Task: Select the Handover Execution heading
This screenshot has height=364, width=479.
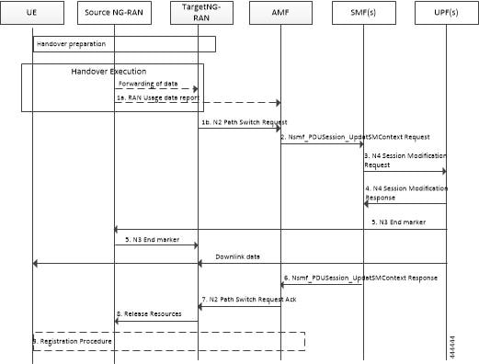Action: click(x=108, y=71)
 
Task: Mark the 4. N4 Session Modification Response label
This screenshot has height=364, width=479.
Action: click(x=397, y=192)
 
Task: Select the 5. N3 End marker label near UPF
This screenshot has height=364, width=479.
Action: click(x=405, y=222)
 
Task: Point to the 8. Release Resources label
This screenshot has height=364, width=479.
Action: click(x=150, y=315)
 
